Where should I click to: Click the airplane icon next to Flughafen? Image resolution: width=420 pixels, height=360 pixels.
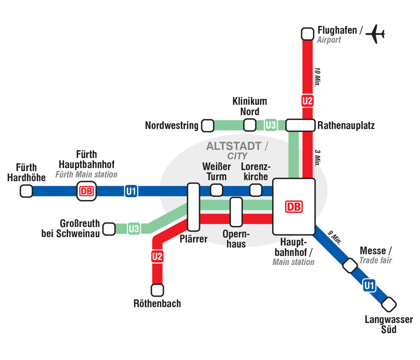click(x=375, y=34)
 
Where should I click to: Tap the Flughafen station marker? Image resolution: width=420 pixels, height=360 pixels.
click(x=308, y=34)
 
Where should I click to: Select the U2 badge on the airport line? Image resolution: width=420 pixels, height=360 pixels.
click(x=307, y=101)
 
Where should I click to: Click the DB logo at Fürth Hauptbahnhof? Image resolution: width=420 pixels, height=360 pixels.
click(x=86, y=191)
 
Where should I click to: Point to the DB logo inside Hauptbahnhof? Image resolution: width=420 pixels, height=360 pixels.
click(x=294, y=207)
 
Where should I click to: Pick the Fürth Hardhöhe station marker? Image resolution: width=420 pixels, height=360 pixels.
click(x=26, y=191)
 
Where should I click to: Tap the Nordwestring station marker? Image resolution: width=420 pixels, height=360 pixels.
click(x=207, y=125)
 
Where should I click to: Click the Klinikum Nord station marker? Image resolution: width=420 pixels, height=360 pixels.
click(x=250, y=125)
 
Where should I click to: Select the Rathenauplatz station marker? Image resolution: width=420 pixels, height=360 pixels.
click(x=300, y=125)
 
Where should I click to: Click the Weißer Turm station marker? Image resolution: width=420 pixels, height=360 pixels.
click(x=216, y=190)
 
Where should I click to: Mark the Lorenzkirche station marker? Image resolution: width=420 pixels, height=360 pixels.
click(x=256, y=190)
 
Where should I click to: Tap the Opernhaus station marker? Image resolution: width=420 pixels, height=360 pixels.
click(x=236, y=212)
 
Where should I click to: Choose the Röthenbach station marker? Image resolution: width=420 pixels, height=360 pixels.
click(x=157, y=290)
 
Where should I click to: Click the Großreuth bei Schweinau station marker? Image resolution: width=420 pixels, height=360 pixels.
click(x=109, y=229)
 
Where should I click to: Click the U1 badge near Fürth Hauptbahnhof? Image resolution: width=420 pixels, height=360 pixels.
click(x=131, y=192)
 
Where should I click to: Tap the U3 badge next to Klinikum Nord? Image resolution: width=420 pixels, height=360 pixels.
click(x=271, y=125)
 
